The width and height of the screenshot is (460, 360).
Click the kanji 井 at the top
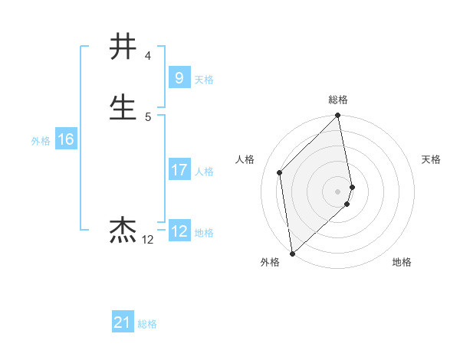pos(123,47)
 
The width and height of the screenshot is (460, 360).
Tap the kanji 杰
pos(123,230)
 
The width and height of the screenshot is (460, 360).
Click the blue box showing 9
pos(179,77)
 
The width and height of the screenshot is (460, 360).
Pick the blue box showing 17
pos(179,170)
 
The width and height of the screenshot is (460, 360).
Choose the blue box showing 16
pos(66,139)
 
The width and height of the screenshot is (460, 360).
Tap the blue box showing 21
pos(123,322)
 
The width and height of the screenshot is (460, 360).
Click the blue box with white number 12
pos(179,231)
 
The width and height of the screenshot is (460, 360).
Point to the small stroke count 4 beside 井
pos(148,56)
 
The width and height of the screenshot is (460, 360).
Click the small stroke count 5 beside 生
pos(148,116)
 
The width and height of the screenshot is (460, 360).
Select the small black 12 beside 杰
pos(148,240)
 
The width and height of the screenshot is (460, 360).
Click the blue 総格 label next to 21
pos(147,324)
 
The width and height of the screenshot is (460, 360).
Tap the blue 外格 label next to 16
pos(41,141)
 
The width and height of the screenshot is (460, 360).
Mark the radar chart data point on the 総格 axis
pos(338,116)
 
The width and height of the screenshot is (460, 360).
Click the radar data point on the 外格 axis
pos(292,253)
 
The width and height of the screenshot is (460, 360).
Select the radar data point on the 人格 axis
pos(280,172)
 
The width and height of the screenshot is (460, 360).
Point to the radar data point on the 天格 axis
pos(352,186)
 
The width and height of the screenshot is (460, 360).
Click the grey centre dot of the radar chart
pos(338,191)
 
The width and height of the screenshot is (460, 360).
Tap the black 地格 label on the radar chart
pos(402,263)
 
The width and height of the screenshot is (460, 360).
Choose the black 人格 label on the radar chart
pos(245,159)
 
